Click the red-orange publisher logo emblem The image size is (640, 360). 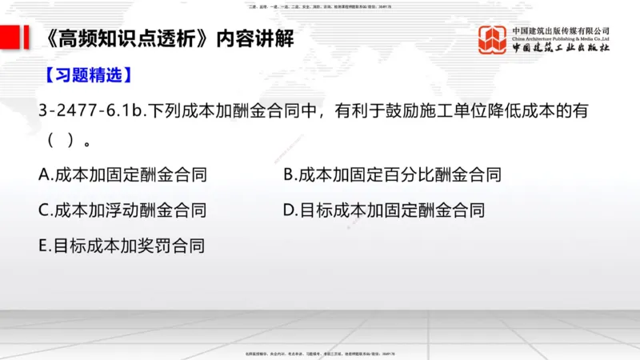coord(493,39)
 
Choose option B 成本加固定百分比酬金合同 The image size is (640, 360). coord(392,174)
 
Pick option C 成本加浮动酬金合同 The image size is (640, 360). coord(122,210)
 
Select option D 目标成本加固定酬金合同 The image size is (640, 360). coord(384,210)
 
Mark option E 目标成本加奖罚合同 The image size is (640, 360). coord(122,246)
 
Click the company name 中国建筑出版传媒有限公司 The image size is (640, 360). coord(561,30)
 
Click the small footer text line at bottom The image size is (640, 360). coord(320,353)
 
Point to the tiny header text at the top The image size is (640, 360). coord(320,5)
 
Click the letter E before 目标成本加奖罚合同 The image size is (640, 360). coord(43,246)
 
